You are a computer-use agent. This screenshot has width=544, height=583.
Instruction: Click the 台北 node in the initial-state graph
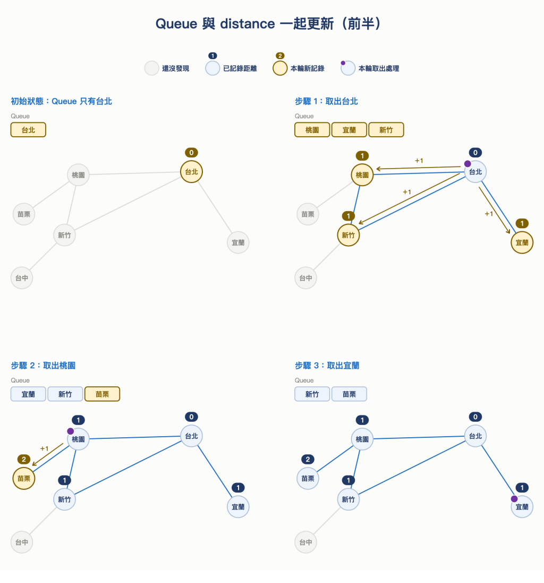point(191,172)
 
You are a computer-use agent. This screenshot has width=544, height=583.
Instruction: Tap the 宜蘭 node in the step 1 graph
point(522,243)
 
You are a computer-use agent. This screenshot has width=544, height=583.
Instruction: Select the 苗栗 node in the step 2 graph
point(24,479)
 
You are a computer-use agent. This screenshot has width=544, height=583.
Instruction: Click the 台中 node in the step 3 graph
point(305,542)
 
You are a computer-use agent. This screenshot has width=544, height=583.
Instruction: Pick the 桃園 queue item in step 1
point(312,130)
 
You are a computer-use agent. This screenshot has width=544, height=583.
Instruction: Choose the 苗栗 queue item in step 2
point(102,394)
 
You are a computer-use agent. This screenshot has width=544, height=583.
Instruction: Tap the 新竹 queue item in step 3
point(312,394)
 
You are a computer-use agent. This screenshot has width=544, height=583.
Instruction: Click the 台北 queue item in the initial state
point(28,130)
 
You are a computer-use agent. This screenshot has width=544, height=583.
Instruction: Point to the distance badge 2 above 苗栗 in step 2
point(24,459)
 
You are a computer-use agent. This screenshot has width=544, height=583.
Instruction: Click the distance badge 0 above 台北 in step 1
point(475,153)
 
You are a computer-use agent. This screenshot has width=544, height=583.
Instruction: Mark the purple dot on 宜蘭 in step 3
point(514,498)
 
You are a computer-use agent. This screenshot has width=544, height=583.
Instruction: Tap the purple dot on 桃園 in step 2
point(70,431)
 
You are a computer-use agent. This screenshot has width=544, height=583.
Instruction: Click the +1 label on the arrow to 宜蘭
point(489,214)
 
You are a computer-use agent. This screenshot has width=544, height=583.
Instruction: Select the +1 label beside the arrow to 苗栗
point(44,448)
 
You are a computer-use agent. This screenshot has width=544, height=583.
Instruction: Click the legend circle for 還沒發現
point(151,69)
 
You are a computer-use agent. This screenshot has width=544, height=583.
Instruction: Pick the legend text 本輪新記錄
point(308,69)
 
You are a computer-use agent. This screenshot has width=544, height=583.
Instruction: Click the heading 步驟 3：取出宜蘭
point(327,365)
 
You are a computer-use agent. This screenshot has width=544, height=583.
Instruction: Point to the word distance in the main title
point(248,24)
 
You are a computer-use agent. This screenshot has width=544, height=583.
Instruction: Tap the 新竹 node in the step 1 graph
point(348,235)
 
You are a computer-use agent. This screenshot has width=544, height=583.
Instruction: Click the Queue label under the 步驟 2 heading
point(20,380)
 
